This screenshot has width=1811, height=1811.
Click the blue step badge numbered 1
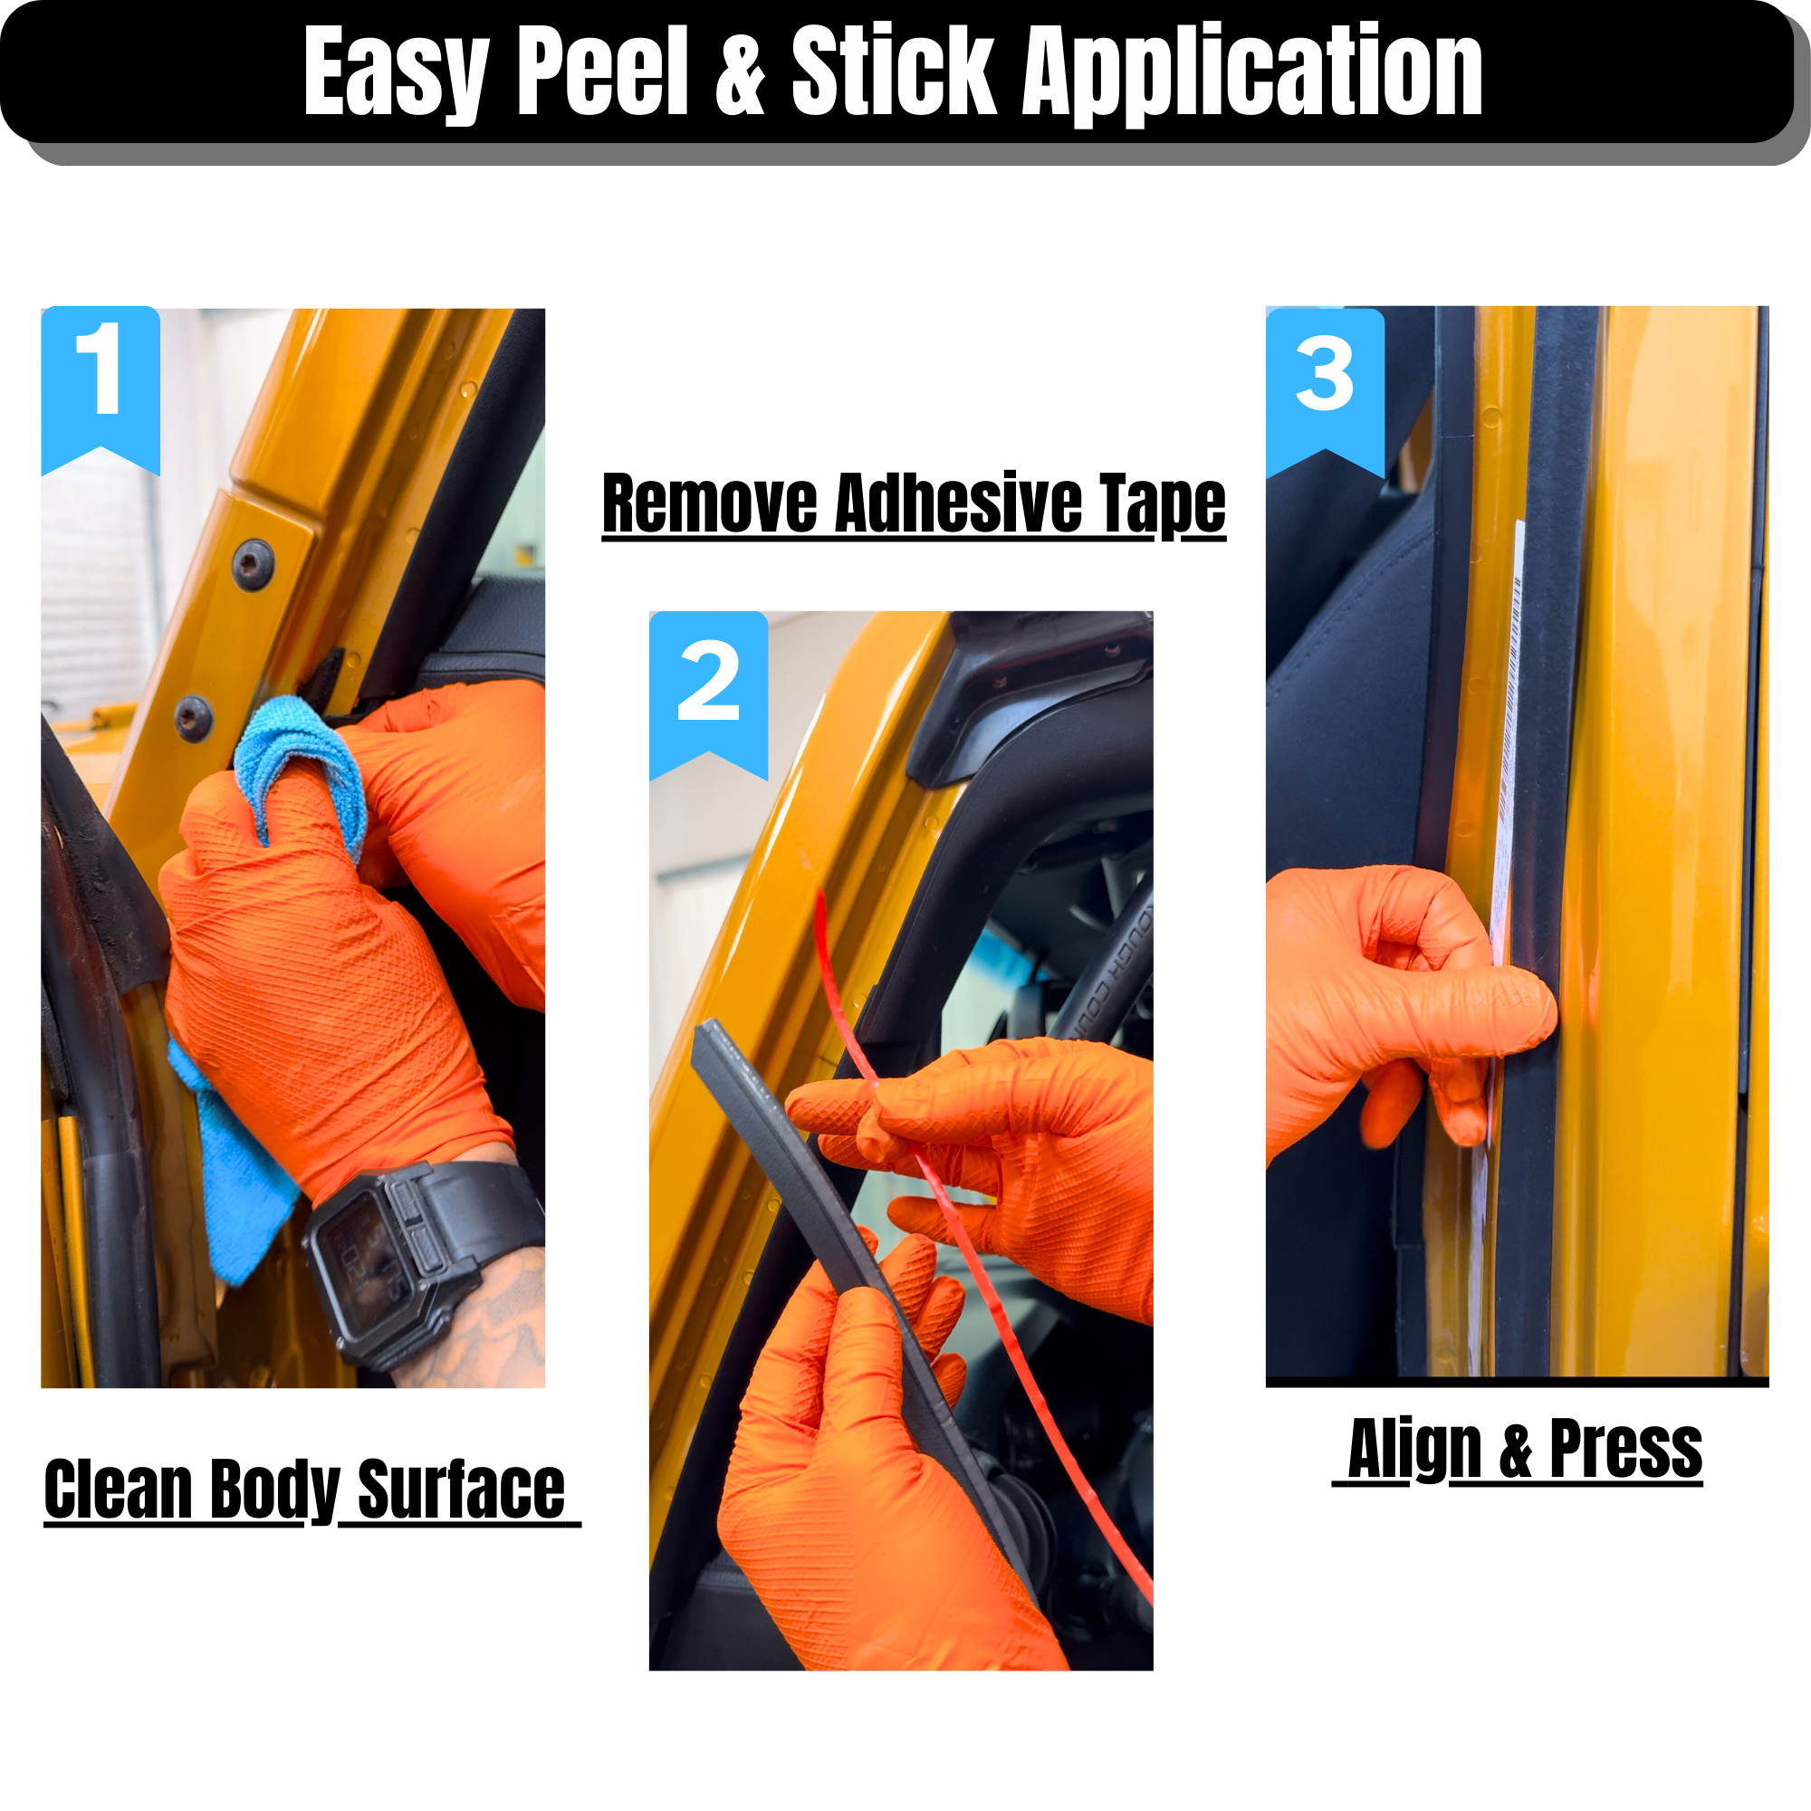pos(101,389)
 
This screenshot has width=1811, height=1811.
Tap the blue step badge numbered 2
pos(709,695)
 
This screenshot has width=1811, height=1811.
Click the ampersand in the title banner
pos(741,72)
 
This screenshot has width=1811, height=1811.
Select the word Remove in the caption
pos(710,503)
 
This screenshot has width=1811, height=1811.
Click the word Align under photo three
pos(1414,1449)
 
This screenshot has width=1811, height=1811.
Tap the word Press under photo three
pos(1625,1448)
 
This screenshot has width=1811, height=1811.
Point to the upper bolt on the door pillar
pos(254,565)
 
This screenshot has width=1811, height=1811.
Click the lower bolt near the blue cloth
pos(194,719)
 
